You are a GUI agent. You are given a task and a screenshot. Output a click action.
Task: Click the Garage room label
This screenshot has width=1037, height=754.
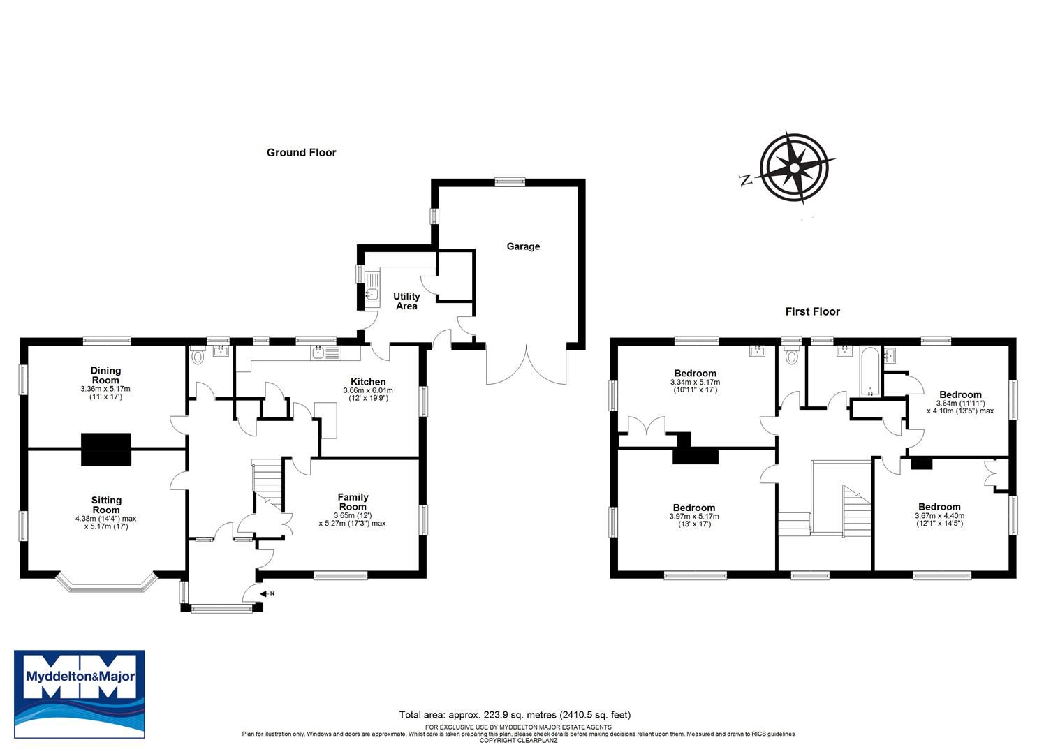coord(523,246)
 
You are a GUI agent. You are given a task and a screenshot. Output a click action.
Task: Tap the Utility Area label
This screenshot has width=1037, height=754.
coord(406,301)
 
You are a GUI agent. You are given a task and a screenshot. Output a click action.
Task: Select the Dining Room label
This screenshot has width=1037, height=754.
coord(105,375)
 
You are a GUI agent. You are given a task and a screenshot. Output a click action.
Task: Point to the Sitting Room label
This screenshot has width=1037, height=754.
coord(106,505)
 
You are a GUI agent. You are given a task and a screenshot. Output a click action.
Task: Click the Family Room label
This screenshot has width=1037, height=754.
coord(353,502)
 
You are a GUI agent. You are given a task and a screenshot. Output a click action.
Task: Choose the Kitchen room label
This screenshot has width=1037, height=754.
coord(368,382)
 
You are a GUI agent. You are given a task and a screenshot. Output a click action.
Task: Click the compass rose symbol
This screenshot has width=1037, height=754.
coord(797,168)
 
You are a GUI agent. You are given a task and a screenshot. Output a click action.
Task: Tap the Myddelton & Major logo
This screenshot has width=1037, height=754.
coord(80,694)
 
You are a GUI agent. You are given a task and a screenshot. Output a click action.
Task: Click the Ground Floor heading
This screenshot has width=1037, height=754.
coord(301,152)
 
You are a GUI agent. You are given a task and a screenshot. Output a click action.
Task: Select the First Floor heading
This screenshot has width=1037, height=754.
coord(812,311)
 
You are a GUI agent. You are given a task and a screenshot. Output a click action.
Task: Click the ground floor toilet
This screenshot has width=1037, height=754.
coord(197,356)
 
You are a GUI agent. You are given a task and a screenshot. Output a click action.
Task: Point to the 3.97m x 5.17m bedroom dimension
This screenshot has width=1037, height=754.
coord(694,517)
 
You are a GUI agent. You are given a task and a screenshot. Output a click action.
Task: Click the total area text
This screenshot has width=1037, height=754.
coord(515,714)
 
